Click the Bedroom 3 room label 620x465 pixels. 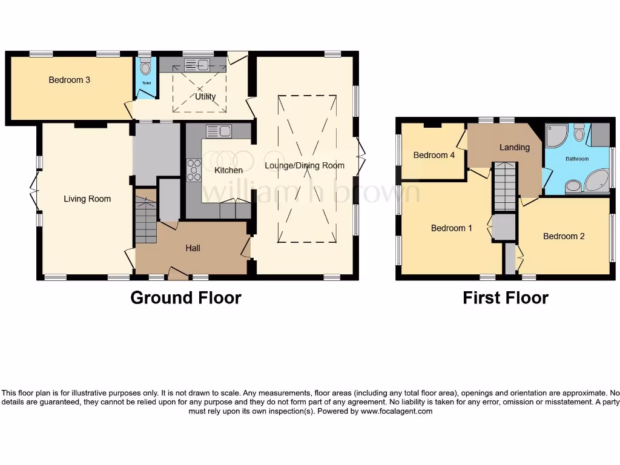click(x=70, y=80)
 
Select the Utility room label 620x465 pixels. click(x=205, y=96)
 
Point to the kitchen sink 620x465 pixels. click(x=219, y=131)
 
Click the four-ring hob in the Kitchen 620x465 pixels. click(x=194, y=170)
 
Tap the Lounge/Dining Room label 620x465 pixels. click(x=305, y=165)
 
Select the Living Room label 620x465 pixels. click(x=88, y=199)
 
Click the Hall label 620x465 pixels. click(x=193, y=248)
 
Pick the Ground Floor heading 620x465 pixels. click(x=186, y=298)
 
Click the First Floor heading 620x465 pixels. click(x=506, y=298)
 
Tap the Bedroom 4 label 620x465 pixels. click(x=434, y=155)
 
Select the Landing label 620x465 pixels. click(x=514, y=147)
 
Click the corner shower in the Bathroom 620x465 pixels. click(x=556, y=136)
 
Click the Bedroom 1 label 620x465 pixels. click(x=452, y=228)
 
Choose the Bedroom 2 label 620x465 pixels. click(x=564, y=236)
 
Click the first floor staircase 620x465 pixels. click(x=505, y=187)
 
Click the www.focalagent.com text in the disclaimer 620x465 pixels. click(x=397, y=411)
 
